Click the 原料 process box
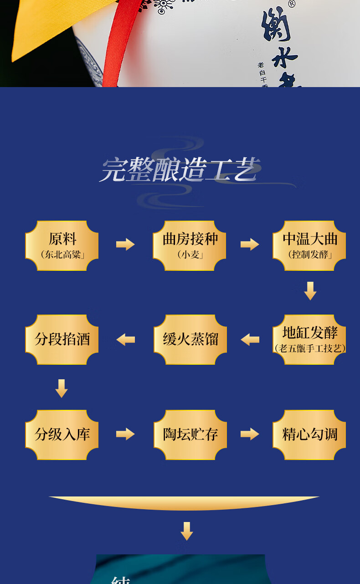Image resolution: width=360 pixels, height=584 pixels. click(62, 245)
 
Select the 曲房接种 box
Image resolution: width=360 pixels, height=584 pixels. click(190, 245)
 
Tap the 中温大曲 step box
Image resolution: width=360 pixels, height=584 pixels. click(309, 245)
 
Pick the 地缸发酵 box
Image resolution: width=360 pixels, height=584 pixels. click(309, 339)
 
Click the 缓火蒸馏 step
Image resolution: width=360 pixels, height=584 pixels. click(190, 339)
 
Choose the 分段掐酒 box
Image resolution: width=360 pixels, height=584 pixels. click(62, 339)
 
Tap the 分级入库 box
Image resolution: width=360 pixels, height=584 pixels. click(62, 434)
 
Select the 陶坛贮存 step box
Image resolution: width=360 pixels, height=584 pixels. click(190, 434)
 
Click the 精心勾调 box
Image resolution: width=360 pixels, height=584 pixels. click(309, 434)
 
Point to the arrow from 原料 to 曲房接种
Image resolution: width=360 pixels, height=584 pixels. click(125, 244)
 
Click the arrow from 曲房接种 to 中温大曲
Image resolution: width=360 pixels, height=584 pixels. click(250, 244)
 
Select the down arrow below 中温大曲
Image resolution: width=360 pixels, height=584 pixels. click(310, 291)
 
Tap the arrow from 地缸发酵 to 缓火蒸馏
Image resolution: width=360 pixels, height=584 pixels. click(250, 339)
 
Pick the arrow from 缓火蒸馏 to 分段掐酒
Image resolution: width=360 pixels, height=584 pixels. click(125, 339)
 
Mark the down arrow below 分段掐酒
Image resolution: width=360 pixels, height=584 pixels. click(62, 388)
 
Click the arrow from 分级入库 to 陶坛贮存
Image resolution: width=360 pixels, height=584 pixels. click(125, 434)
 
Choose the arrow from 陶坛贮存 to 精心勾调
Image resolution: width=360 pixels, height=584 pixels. click(250, 434)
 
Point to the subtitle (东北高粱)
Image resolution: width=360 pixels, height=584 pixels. click(62, 255)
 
